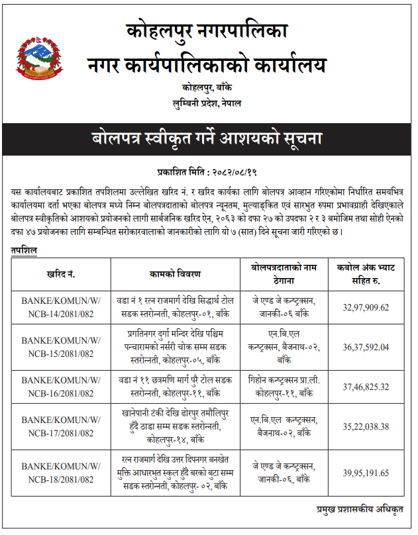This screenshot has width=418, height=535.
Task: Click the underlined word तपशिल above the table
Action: point(24,250)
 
